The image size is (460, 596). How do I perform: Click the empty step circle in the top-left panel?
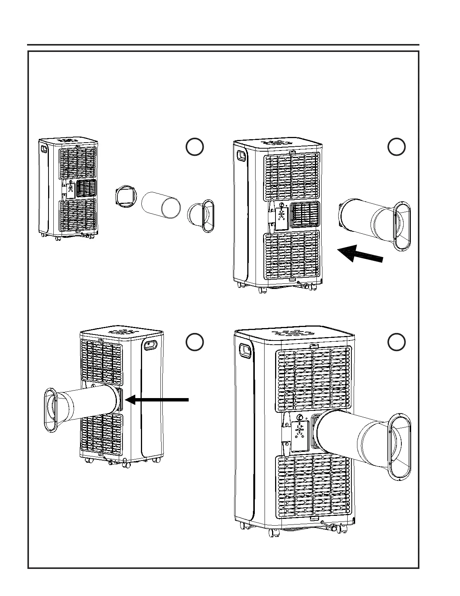click(x=195, y=147)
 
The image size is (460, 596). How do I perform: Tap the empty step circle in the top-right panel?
click(x=396, y=147)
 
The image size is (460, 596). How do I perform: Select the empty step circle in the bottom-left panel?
click(x=195, y=342)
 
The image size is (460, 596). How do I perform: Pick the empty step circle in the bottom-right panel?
click(x=396, y=342)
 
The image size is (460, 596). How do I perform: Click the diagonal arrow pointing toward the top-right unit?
click(x=360, y=253)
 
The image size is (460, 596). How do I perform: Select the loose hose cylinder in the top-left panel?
click(x=161, y=205)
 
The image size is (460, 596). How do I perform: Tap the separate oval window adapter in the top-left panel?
click(x=202, y=216)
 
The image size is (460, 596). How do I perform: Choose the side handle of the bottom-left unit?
click(x=150, y=345)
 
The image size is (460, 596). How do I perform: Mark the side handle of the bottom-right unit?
click(x=245, y=351)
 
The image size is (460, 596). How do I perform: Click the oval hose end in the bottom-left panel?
click(x=51, y=410)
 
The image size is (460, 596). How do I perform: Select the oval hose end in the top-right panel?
click(x=402, y=226)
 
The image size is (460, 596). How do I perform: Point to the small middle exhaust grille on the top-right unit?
click(x=306, y=215)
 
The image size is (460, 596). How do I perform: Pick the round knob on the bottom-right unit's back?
click(x=300, y=417)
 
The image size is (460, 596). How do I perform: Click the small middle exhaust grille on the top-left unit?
click(x=86, y=189)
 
